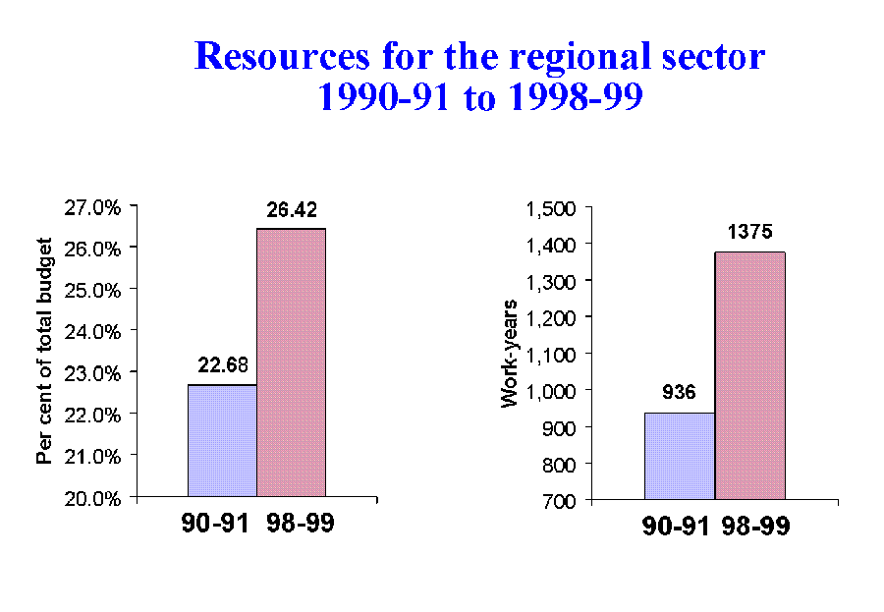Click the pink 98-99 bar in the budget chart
[291, 362]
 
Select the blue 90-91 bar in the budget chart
[222, 440]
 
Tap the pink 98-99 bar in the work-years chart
[749, 375]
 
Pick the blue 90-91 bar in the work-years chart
[680, 456]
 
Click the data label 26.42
[291, 209]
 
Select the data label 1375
[749, 234]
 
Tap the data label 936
[679, 393]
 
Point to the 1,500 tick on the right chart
[553, 209]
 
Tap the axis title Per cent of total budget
[43, 352]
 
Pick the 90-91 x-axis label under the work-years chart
[676, 527]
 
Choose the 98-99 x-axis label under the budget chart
[300, 524]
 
